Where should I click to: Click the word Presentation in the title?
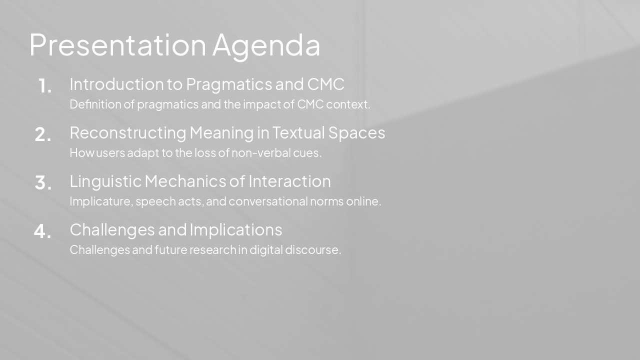click(117, 45)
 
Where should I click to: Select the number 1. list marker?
click(45, 86)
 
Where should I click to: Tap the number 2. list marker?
click(43, 134)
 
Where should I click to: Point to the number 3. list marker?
click(43, 183)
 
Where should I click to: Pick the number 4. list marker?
click(42, 231)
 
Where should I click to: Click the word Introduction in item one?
click(118, 84)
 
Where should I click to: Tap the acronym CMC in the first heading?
click(325, 84)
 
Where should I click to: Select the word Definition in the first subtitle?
click(88, 104)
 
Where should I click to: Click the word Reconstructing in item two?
click(127, 133)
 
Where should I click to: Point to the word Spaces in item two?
click(356, 133)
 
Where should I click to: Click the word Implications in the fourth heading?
click(235, 230)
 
